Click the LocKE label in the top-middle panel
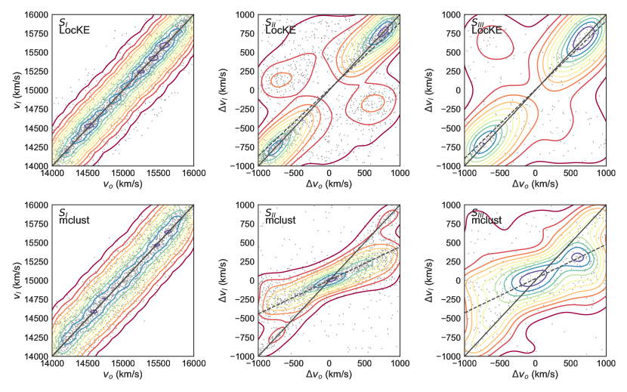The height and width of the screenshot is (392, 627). pos(280,30)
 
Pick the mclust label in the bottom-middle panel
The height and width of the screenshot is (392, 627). pos(280,221)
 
